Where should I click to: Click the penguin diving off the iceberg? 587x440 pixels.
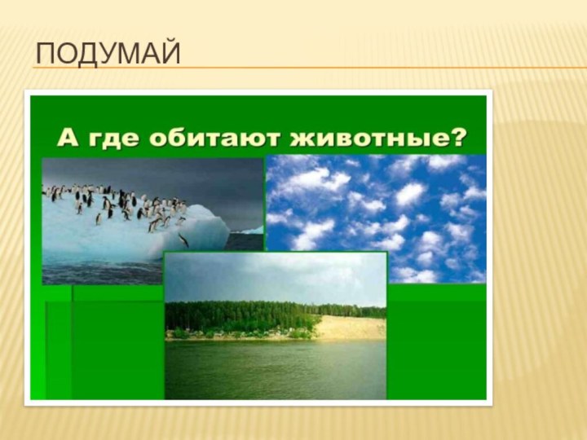click(183, 239)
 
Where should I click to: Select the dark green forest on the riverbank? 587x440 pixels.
click(245, 315)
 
